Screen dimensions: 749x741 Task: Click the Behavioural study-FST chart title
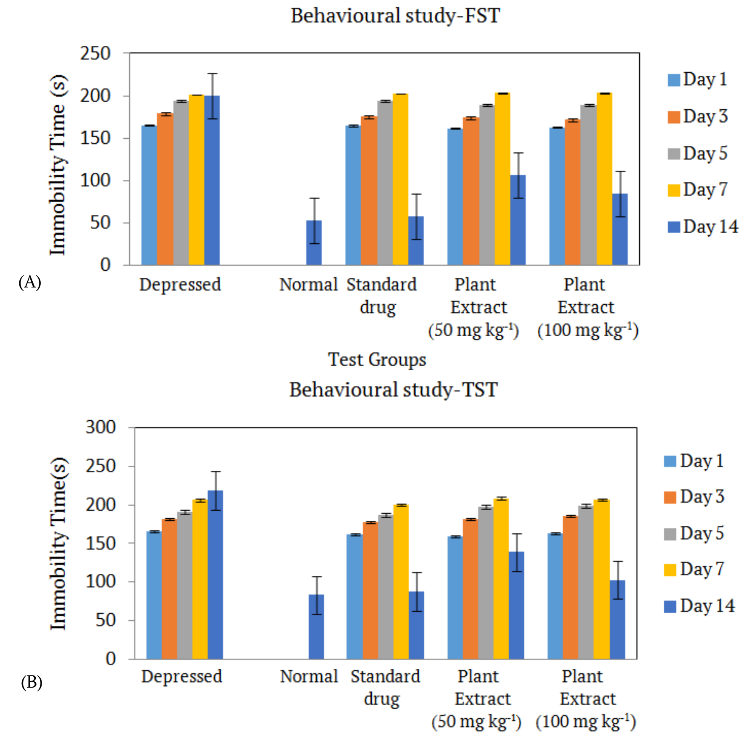click(395, 16)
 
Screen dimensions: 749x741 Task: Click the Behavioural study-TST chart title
click(394, 390)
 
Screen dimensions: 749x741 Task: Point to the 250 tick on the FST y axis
click(96, 54)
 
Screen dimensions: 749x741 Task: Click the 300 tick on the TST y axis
click(101, 427)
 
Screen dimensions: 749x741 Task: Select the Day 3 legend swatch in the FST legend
click(674, 117)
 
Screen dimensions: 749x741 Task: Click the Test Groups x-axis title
click(377, 360)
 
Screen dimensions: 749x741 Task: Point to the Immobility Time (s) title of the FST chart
click(58, 165)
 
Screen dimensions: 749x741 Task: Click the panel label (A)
click(30, 282)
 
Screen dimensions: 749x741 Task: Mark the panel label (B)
click(32, 683)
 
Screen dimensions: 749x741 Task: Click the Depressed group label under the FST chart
click(180, 285)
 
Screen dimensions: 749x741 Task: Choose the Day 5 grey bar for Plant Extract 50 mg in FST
click(487, 185)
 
